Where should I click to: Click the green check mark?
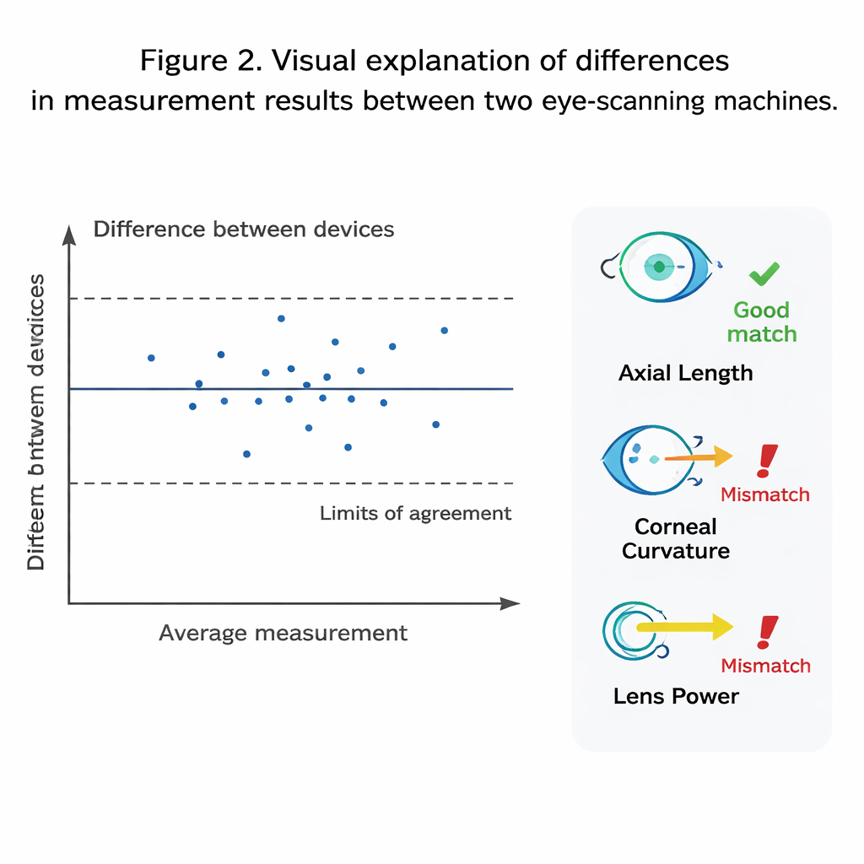(x=764, y=273)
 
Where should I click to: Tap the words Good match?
(x=761, y=321)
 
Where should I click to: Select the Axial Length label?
(x=685, y=373)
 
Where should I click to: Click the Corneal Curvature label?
(x=676, y=538)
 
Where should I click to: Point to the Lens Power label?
(x=676, y=696)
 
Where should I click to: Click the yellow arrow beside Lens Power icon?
(x=685, y=627)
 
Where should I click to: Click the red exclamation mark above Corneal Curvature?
(x=767, y=461)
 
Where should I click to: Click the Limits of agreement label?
(x=415, y=513)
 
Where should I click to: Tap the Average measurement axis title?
(x=283, y=633)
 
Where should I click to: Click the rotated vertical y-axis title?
(x=36, y=422)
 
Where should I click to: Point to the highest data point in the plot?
(x=281, y=318)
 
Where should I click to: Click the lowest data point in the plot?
(x=246, y=454)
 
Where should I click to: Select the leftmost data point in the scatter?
(x=151, y=358)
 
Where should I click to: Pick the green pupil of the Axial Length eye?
(x=658, y=267)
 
